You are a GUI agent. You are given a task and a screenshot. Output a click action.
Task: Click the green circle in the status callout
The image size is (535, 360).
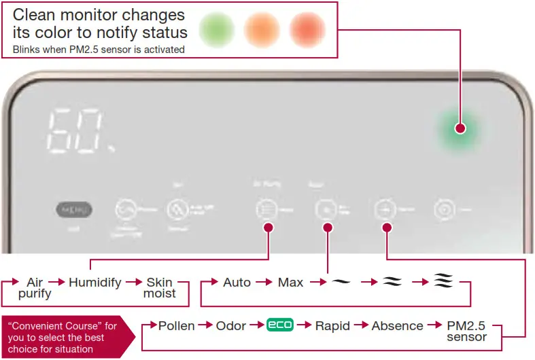coord(217,30)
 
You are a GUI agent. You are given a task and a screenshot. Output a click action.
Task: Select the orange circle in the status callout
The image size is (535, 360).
coord(263,30)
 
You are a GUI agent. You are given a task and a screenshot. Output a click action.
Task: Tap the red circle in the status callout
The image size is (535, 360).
coord(308,30)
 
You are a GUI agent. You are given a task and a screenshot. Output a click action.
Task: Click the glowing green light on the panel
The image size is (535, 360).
coord(460,128)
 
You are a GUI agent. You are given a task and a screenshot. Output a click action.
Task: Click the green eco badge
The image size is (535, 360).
coord(279,325)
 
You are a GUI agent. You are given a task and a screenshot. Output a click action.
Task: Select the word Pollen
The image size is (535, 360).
coord(177,326)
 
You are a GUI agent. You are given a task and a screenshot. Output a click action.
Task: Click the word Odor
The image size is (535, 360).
coord(231,326)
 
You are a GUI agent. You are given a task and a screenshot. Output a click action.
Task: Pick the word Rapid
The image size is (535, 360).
coord(333,326)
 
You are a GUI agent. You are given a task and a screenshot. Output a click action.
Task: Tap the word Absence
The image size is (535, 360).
coord(398,326)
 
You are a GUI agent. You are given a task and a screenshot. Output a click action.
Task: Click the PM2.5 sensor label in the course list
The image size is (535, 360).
coord(466,331)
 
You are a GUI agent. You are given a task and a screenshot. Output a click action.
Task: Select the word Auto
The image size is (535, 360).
coord(237,282)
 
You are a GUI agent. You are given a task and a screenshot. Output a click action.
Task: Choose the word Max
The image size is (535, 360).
coord(291,282)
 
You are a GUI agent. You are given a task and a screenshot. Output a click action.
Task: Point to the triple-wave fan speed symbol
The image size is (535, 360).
coord(443,282)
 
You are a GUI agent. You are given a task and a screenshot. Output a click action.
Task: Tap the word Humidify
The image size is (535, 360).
coord(95,282)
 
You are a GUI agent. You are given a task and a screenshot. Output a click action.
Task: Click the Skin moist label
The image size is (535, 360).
coord(160,287)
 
